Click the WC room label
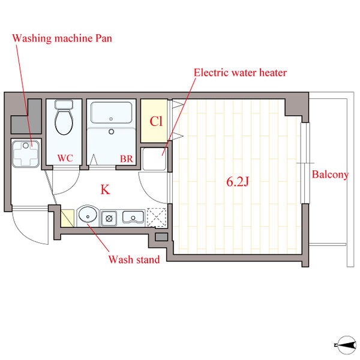65,158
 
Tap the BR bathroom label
127,159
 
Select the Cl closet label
156,121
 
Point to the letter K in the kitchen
105,190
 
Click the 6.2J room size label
238,182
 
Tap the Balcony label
330,175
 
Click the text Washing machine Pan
62,38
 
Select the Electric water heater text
240,73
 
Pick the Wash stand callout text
134,259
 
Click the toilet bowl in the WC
64,122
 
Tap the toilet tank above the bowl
64,104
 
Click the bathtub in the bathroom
112,113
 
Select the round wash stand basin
88,215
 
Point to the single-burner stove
109,218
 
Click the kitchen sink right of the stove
133,217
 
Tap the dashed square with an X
157,217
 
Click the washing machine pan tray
26,154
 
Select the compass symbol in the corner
347,345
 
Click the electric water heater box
154,159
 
